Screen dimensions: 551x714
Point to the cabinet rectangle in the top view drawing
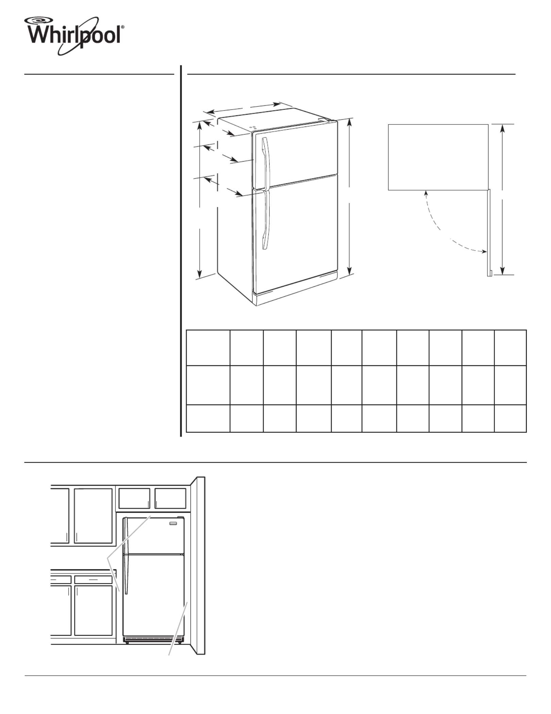[438, 157]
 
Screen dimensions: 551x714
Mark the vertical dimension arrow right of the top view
[503, 199]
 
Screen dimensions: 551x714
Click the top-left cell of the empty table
[208, 348]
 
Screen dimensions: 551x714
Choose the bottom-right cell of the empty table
[510, 418]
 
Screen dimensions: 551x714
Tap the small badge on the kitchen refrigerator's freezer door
[173, 524]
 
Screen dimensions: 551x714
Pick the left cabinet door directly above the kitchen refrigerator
[134, 498]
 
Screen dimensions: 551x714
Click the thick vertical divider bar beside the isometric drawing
[181, 251]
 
